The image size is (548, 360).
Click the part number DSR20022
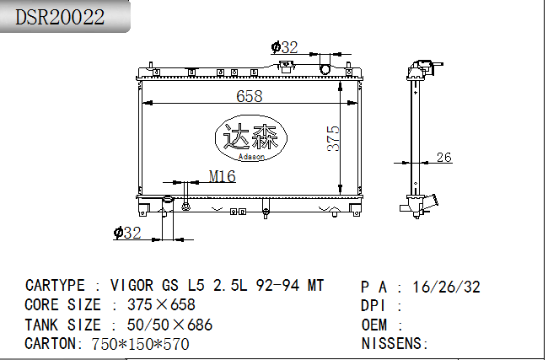point(60,17)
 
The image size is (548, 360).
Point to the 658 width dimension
point(250,96)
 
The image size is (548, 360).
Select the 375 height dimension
point(333,138)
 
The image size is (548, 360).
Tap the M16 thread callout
point(223,176)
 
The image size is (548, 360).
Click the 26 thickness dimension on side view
point(443,158)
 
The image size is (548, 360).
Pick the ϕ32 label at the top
point(284,47)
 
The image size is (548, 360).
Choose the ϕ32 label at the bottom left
point(127,233)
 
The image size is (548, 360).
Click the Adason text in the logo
point(251,157)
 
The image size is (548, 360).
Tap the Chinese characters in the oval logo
point(250,137)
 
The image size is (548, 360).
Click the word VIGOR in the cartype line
point(132,286)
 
